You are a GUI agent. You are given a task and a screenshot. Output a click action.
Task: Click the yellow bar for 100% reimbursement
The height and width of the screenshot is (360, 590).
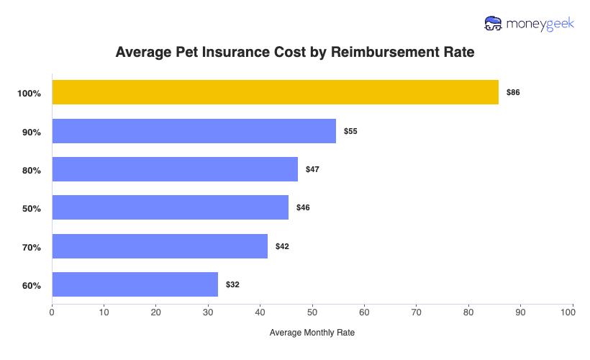point(275,92)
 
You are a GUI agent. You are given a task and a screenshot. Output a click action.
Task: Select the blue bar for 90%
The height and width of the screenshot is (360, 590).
point(194,131)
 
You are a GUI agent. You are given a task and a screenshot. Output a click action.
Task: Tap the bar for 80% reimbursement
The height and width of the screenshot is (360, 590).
point(175,169)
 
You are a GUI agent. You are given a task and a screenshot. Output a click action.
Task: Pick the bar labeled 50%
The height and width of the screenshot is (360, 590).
point(170,207)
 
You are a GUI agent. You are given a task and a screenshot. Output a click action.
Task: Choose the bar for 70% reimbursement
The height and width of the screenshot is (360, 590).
point(160,246)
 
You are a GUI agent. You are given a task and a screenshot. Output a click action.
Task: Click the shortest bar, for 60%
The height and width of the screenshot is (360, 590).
point(135,284)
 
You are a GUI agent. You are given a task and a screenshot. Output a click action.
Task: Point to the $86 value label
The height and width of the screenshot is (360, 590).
point(513,93)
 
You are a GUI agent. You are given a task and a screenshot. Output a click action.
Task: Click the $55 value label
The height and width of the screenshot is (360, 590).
point(350,132)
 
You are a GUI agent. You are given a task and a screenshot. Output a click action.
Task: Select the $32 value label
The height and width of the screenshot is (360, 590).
point(232,285)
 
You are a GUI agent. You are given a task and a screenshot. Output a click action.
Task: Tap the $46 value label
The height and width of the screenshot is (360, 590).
point(303,208)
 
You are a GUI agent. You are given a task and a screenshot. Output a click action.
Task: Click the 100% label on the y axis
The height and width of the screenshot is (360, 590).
point(29,94)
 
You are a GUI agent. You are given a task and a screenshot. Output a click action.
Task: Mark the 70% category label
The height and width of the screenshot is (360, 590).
point(32,247)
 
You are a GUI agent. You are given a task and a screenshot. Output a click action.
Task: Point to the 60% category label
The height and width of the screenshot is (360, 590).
point(32,286)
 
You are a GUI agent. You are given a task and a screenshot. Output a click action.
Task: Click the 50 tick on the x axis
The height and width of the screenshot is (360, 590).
point(312,312)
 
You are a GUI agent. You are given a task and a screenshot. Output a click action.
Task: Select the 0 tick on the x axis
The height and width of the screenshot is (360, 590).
point(52,312)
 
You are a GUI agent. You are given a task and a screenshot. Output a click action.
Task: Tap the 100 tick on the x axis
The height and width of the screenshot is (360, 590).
point(572,312)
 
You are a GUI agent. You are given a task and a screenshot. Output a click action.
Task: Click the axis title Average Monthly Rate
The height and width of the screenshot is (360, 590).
point(312,333)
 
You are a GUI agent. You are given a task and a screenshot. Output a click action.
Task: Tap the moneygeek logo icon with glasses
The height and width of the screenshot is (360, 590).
point(494,23)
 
